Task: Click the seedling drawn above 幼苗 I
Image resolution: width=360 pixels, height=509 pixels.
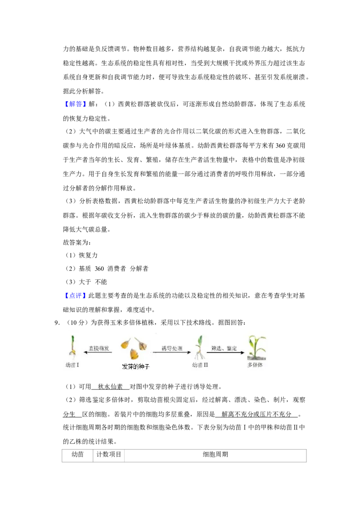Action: click(x=72, y=347)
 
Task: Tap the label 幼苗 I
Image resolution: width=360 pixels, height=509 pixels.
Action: click(x=72, y=365)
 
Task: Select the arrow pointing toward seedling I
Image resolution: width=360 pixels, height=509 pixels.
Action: click(x=98, y=353)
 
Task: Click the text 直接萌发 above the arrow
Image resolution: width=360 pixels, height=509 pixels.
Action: click(x=99, y=348)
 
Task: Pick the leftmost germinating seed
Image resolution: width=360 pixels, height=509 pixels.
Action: click(x=126, y=344)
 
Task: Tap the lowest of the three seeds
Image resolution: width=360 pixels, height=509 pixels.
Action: click(x=134, y=355)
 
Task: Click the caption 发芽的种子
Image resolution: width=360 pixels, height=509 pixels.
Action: click(x=135, y=367)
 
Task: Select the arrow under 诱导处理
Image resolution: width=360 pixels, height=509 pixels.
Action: click(x=172, y=353)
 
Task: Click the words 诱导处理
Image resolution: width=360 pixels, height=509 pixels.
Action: click(x=172, y=348)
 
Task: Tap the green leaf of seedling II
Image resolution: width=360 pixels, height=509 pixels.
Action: click(x=200, y=340)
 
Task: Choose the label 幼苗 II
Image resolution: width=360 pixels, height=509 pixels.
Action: click(x=200, y=365)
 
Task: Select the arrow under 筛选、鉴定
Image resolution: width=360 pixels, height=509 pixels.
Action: click(x=225, y=353)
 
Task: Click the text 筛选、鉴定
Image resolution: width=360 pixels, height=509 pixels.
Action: click(x=224, y=348)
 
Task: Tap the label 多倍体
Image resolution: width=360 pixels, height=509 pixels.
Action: click(x=255, y=365)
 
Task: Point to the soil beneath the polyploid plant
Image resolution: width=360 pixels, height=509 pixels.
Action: click(x=256, y=358)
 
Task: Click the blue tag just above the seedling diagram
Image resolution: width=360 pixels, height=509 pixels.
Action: click(x=75, y=295)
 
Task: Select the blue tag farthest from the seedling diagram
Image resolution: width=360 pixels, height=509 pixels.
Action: click(x=75, y=104)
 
